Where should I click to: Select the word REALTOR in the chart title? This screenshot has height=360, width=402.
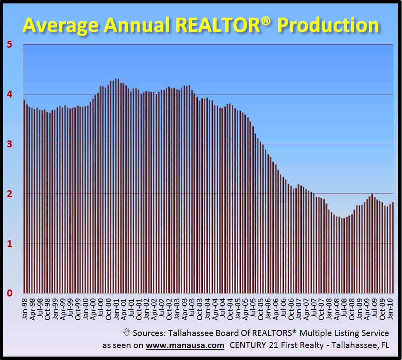[212, 25]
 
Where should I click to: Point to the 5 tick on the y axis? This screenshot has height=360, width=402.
[9, 45]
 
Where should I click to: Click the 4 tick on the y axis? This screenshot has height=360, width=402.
[9, 94]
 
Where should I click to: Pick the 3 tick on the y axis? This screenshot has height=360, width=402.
[9, 144]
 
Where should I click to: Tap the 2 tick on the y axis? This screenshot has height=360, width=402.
[9, 194]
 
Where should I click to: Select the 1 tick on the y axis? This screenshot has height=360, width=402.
[9, 244]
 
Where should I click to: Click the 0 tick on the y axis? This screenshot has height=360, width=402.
[9, 293]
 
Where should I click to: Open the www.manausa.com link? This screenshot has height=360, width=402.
[185, 345]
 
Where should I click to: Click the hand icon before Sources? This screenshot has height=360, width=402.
[127, 333]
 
